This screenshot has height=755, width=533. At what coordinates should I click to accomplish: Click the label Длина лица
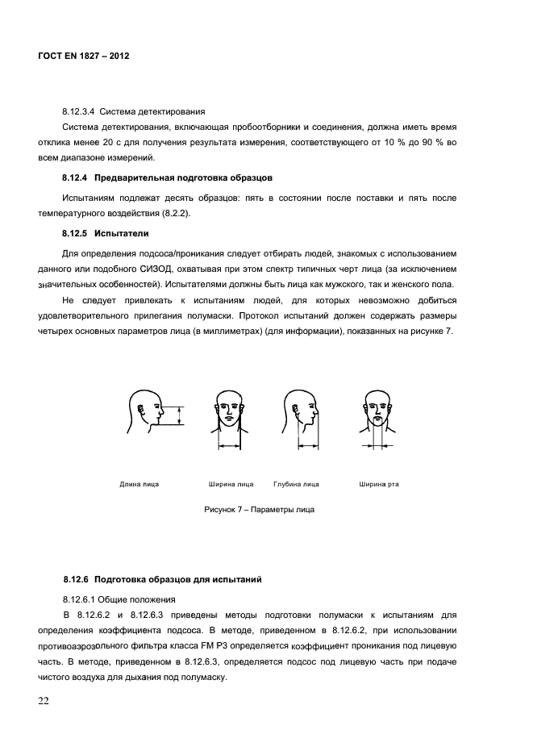(x=139, y=485)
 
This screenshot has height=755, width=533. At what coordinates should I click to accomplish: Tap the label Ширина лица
(x=231, y=485)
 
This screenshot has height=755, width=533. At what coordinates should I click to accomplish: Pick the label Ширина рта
(x=378, y=485)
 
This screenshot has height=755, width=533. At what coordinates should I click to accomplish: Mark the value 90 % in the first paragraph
(x=429, y=144)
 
